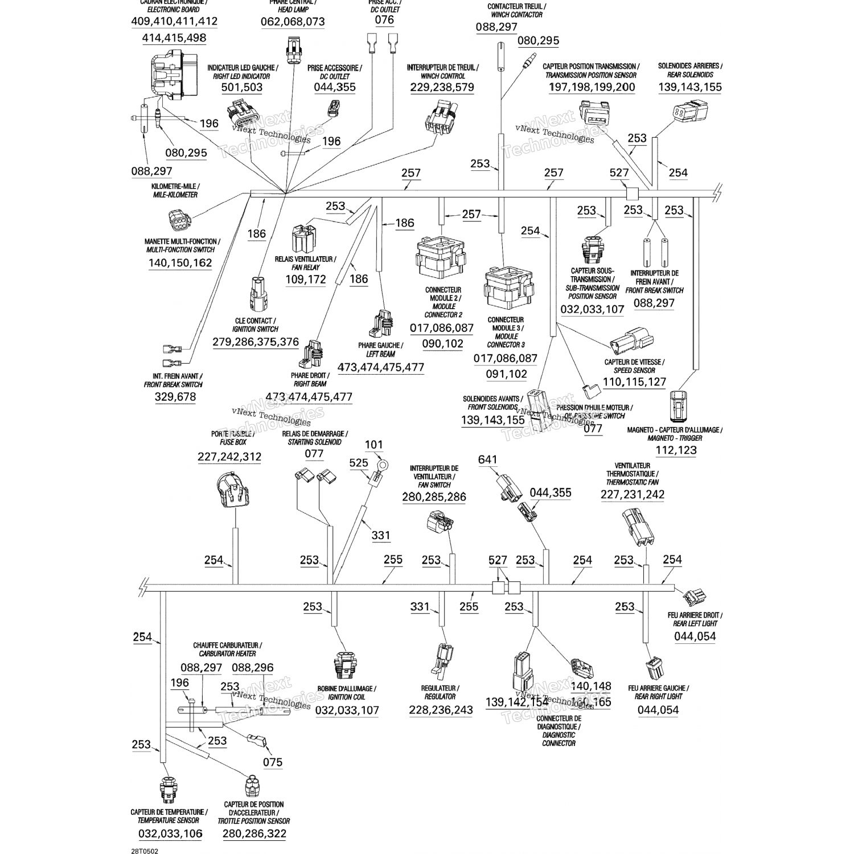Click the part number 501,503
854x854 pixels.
242,87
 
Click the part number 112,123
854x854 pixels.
676,450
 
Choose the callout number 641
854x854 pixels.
487,459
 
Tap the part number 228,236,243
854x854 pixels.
441,710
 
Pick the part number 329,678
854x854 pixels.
175,397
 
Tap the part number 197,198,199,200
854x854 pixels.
592,87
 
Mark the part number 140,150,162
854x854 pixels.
180,263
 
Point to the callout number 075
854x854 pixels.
273,762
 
